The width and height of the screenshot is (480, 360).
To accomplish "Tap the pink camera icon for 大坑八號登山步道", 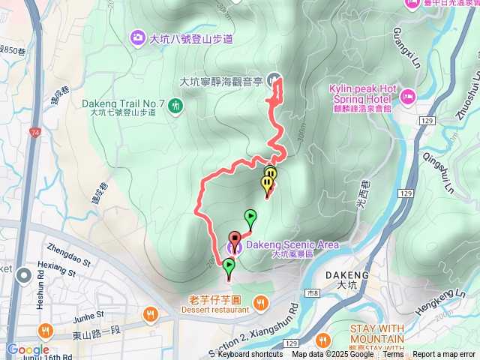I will (x=137, y=37).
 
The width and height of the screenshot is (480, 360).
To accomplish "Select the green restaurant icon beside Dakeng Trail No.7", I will (x=175, y=106).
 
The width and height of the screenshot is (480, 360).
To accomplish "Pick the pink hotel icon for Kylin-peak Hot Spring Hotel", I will (x=407, y=95).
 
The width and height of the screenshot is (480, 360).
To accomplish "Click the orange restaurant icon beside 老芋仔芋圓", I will (x=260, y=303).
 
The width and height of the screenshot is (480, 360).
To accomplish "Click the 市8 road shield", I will (x=313, y=292).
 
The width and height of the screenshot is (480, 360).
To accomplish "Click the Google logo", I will (x=28, y=350).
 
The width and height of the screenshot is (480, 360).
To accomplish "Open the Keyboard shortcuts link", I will (x=250, y=354).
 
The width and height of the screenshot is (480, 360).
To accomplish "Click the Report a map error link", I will (x=444, y=354).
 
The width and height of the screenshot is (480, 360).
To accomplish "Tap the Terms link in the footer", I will (x=393, y=354).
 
